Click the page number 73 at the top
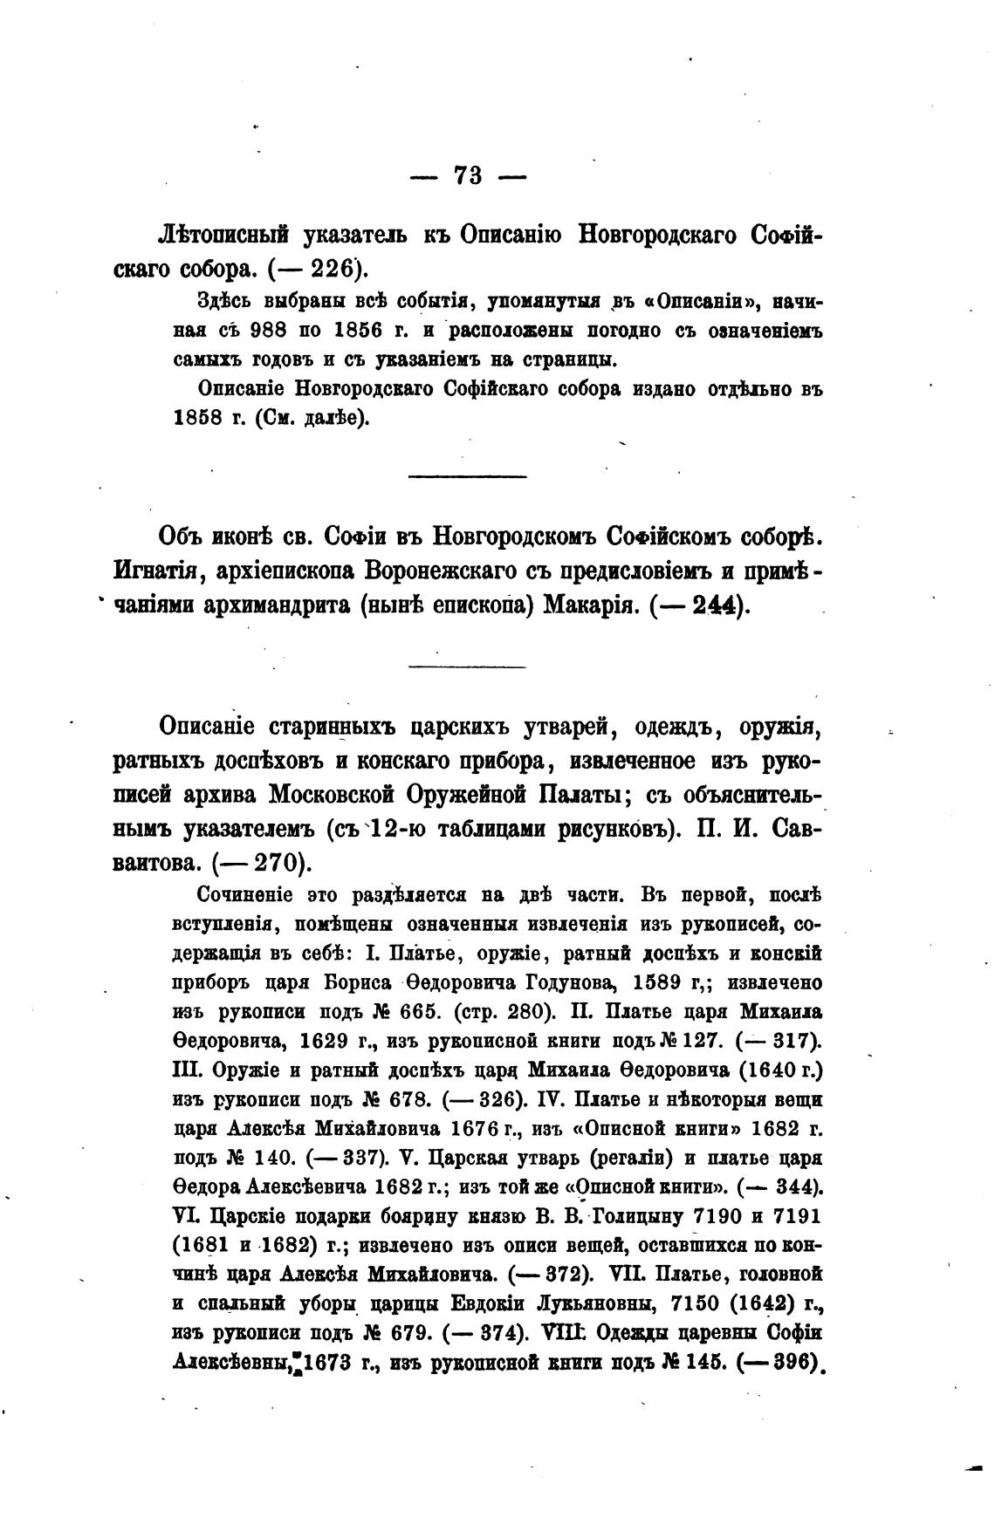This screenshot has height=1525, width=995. [468, 175]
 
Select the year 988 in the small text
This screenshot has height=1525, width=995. [268, 332]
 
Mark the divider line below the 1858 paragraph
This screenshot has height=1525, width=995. [468, 475]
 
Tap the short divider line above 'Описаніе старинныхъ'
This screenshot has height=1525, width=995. [468, 667]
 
